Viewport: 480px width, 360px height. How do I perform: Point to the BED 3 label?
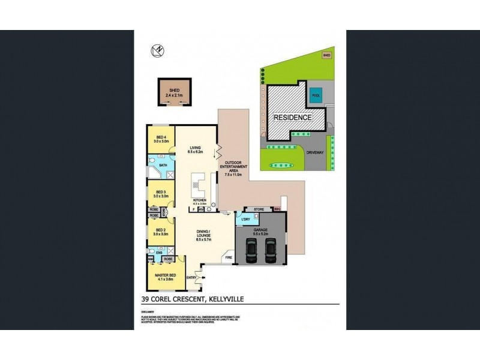click(x=160, y=193)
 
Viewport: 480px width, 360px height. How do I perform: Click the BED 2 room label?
click(x=160, y=231)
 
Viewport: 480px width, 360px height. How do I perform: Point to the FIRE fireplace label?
click(x=228, y=257)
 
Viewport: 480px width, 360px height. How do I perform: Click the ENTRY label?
click(x=191, y=277)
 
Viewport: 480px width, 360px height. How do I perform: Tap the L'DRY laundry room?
click(x=245, y=220)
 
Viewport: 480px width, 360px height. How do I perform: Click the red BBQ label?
click(x=277, y=209)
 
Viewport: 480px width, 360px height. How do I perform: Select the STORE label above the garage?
click(x=259, y=209)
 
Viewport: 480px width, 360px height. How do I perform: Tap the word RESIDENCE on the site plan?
click(x=293, y=118)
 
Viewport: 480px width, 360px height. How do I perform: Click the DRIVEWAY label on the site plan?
click(x=315, y=152)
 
